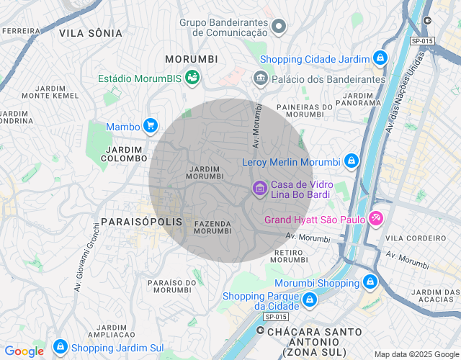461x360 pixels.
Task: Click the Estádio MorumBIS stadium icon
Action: (192, 76)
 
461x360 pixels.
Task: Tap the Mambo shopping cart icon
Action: (151, 126)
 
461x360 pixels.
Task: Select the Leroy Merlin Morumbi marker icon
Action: (351, 161)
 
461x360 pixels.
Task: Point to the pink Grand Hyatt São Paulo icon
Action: (375, 218)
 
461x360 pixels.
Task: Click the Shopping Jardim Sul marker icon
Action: (61, 346)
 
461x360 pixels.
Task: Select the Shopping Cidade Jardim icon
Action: (380, 58)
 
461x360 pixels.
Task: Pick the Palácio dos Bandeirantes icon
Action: (260, 78)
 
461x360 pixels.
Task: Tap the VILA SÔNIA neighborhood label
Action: (91, 33)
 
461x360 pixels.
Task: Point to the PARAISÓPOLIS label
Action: (142, 222)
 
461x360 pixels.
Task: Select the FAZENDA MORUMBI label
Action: (213, 228)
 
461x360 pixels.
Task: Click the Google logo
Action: (24, 351)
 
